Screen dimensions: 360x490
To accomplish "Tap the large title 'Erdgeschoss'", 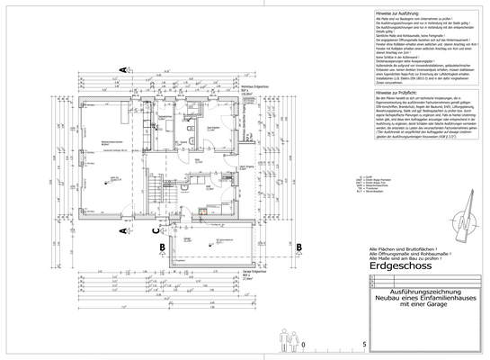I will pos(401,267).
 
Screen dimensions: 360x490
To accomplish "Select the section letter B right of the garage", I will pos(298,246).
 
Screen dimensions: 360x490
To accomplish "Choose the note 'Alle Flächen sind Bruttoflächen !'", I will pos(397,247).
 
